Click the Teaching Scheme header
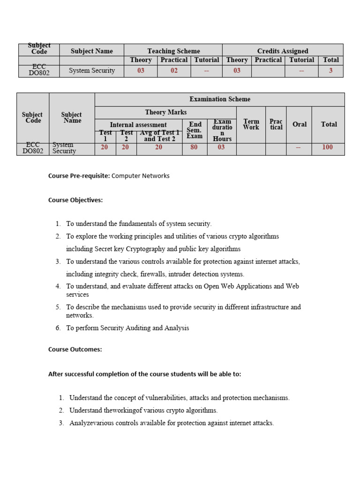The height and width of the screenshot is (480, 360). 173,51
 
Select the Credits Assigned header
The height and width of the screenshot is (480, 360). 283,51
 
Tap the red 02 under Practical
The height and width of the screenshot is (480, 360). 174,71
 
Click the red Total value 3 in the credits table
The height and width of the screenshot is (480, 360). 330,71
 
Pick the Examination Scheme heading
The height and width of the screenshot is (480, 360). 220,99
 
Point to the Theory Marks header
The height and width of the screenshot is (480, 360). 166,112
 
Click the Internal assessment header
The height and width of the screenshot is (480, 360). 138,125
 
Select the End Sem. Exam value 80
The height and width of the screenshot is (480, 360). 194,147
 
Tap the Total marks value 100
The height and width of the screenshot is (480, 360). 328,147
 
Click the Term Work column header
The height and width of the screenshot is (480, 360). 251,124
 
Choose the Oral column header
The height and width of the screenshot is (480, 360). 300,124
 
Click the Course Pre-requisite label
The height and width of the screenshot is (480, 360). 79,176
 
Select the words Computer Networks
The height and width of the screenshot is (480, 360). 141,176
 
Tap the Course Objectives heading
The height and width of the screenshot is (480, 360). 75,200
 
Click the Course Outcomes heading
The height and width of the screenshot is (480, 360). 75,349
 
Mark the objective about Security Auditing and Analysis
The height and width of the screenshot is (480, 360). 127,328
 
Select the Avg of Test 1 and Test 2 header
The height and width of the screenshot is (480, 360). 159,136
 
